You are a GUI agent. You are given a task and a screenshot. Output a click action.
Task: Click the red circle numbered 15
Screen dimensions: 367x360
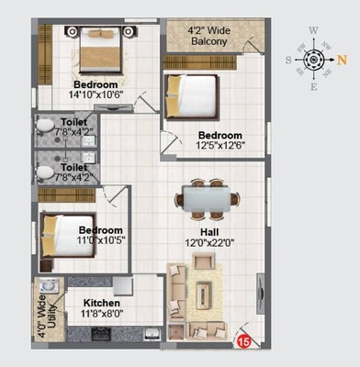[x=245, y=341]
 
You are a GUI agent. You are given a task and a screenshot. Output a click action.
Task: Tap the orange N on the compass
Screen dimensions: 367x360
[x=342, y=61]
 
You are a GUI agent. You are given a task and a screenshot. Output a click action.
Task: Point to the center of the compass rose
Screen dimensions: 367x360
[x=314, y=61]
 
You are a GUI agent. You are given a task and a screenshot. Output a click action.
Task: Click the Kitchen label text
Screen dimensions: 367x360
[x=103, y=302]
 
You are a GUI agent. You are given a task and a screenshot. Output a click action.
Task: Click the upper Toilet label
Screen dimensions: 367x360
[x=74, y=121]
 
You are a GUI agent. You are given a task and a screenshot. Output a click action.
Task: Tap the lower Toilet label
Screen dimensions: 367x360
[x=74, y=168]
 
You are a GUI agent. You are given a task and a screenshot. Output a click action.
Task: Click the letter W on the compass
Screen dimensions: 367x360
[x=314, y=30]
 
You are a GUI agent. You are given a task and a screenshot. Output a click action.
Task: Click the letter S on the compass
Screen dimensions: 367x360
[x=287, y=61]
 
